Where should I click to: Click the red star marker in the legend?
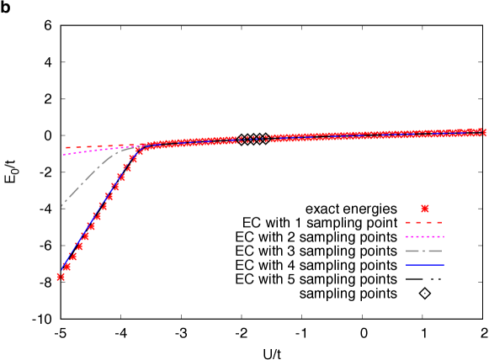tap(424, 209)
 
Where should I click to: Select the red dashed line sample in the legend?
tap(424, 223)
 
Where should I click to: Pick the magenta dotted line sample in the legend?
tap(424, 237)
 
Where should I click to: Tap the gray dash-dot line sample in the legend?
tap(424, 251)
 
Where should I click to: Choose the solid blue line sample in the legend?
tap(424, 265)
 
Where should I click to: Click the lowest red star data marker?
tap(61, 277)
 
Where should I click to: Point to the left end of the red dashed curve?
tap(66, 148)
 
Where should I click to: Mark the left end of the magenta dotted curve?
tap(64, 155)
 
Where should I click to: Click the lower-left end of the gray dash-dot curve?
tap(62, 205)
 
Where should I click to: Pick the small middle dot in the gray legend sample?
tap(424, 251)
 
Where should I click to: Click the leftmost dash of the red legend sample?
tap(408, 223)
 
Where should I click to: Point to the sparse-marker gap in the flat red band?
tap(252, 139)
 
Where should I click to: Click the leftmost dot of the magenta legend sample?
tap(407, 237)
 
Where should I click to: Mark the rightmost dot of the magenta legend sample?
tap(442, 237)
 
